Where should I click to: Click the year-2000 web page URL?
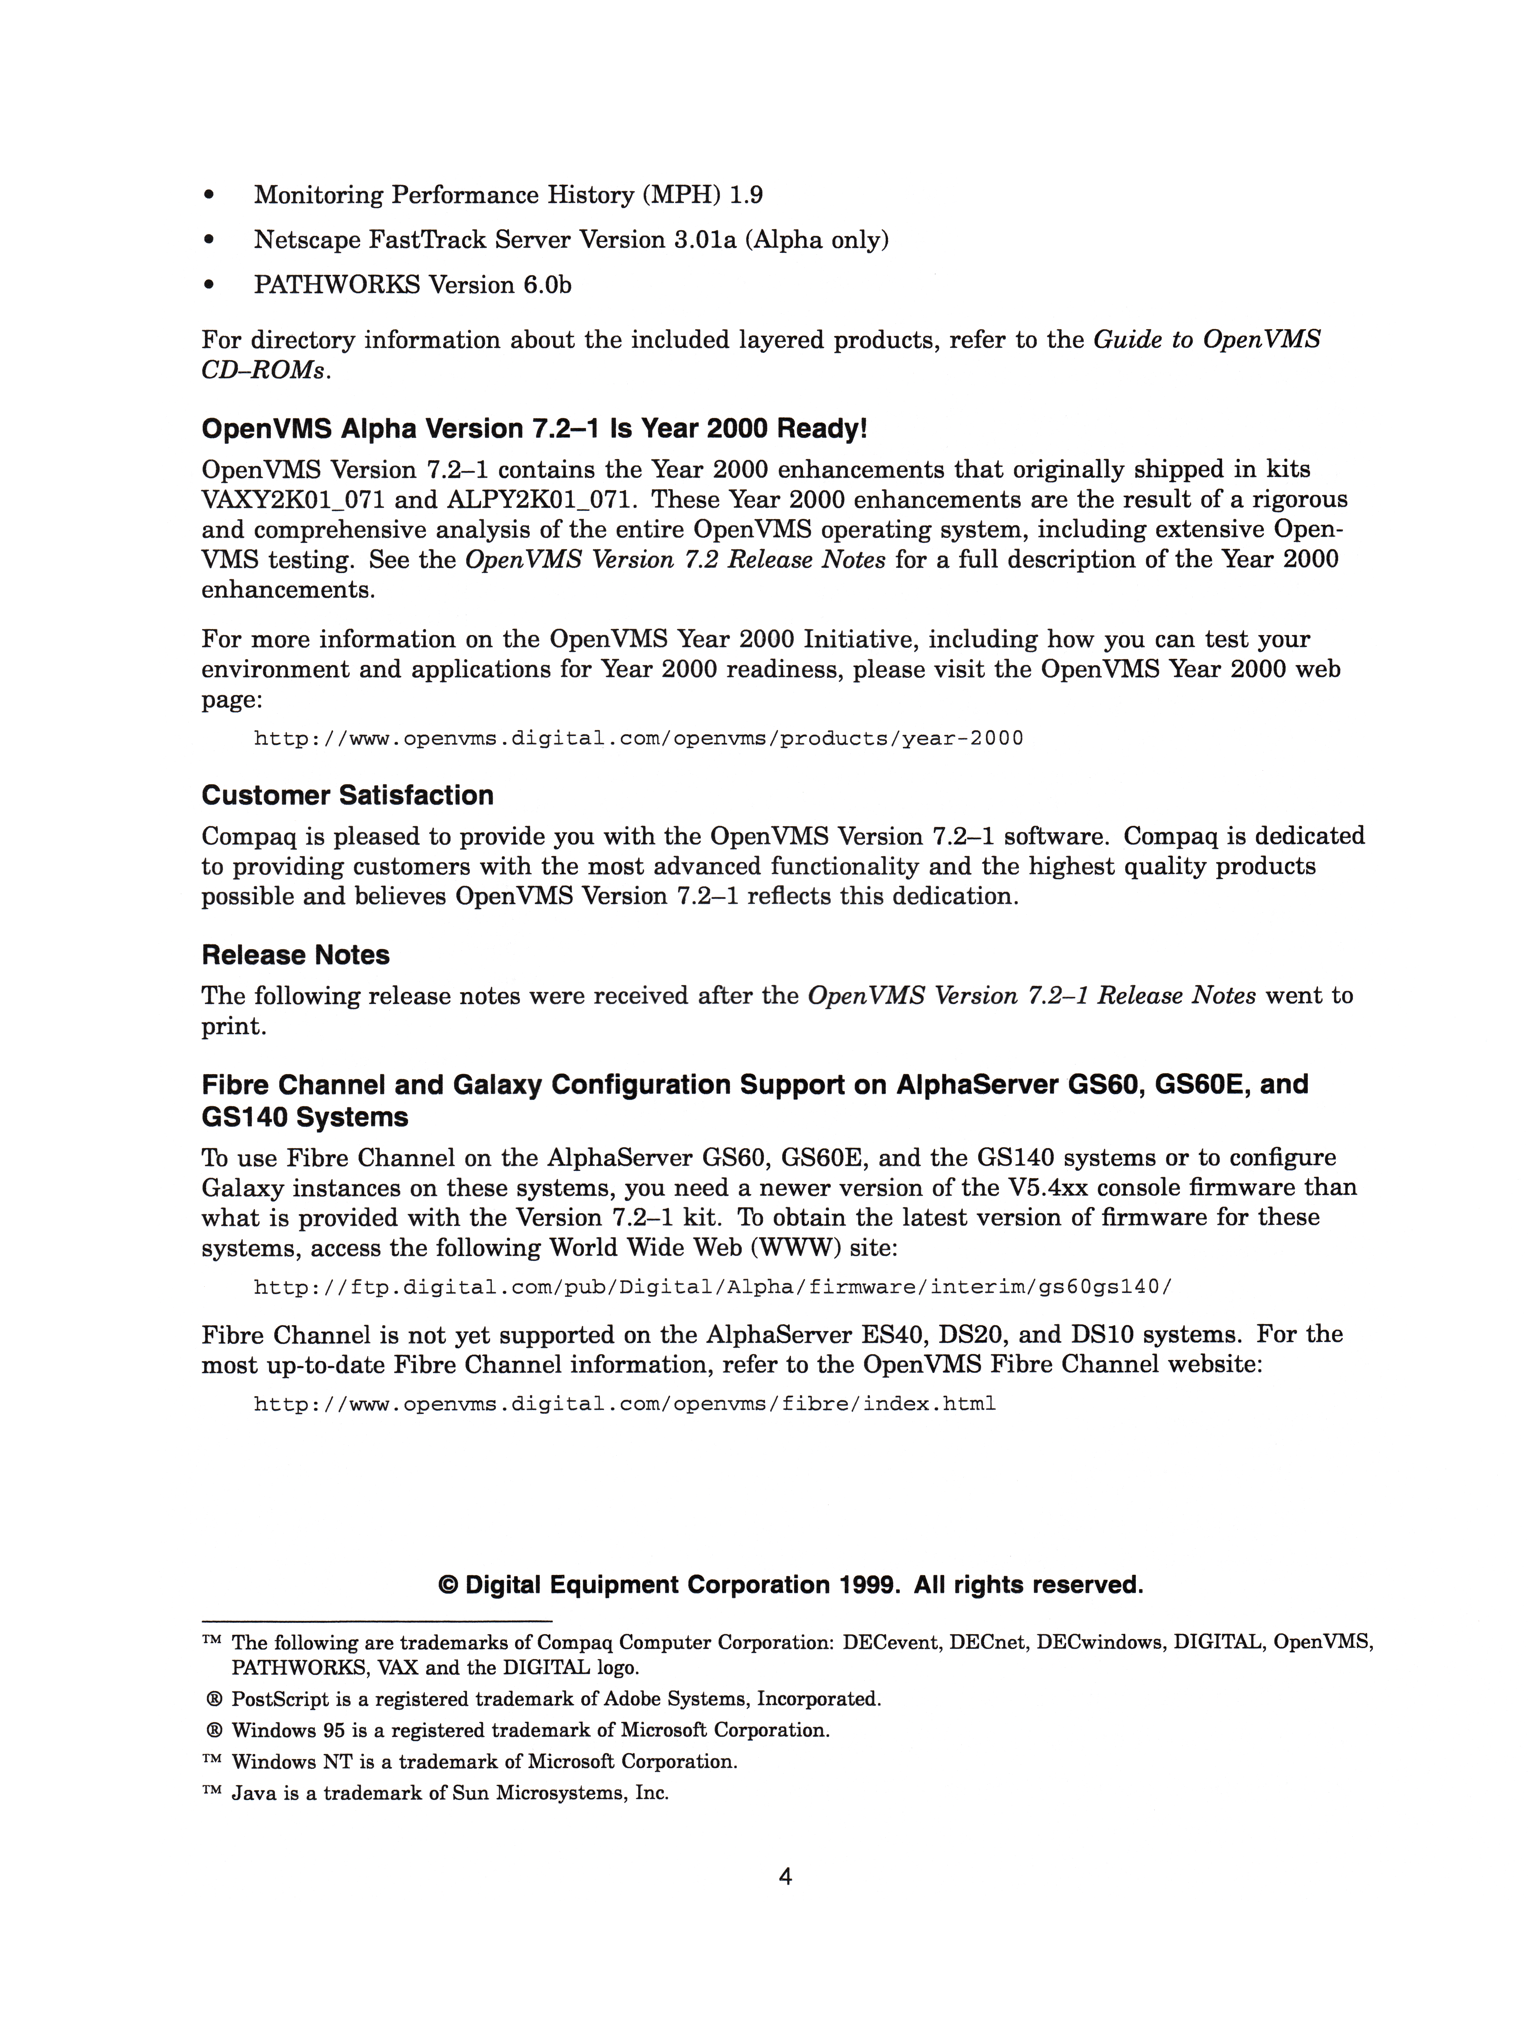(x=638, y=738)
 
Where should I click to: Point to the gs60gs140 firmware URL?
(x=712, y=1287)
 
